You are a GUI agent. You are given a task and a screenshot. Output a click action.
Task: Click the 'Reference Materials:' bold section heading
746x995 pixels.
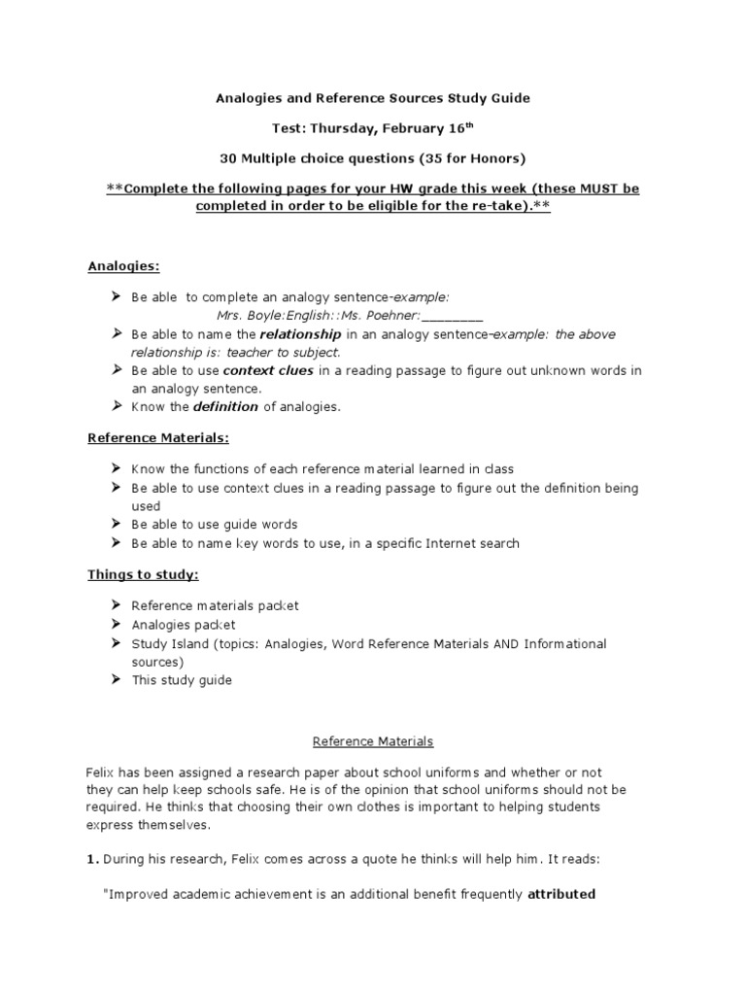click(158, 438)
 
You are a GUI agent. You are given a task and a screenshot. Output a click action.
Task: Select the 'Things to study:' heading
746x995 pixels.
click(143, 574)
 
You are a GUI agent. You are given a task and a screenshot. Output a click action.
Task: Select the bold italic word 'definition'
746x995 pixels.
click(229, 407)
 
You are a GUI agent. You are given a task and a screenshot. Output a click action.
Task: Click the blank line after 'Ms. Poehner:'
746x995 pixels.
click(453, 316)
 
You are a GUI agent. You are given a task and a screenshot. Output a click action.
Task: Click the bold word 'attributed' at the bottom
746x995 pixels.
click(560, 895)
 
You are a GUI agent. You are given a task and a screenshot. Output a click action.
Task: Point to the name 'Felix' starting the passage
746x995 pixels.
click(102, 771)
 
